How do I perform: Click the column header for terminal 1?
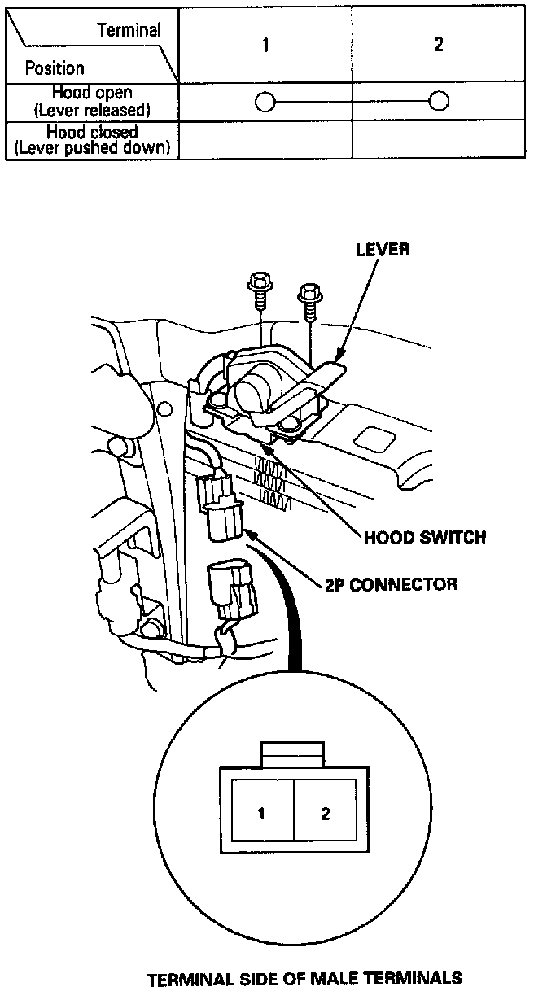pyautogui.click(x=265, y=45)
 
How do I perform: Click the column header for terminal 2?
pyautogui.click(x=439, y=45)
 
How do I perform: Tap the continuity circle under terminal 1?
pyautogui.click(x=264, y=102)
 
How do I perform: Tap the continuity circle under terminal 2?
pyautogui.click(x=439, y=102)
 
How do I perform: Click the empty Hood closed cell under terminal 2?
pyautogui.click(x=439, y=139)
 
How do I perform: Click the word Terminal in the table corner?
pyautogui.click(x=129, y=30)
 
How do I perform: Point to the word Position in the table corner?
pyautogui.click(x=55, y=68)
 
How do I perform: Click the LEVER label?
pyautogui.click(x=382, y=250)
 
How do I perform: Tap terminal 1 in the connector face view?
pyautogui.click(x=261, y=813)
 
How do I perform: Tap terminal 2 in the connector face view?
pyautogui.click(x=325, y=813)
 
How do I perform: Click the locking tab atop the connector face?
pyautogui.click(x=293, y=753)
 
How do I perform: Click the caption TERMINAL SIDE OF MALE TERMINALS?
pyautogui.click(x=304, y=977)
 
